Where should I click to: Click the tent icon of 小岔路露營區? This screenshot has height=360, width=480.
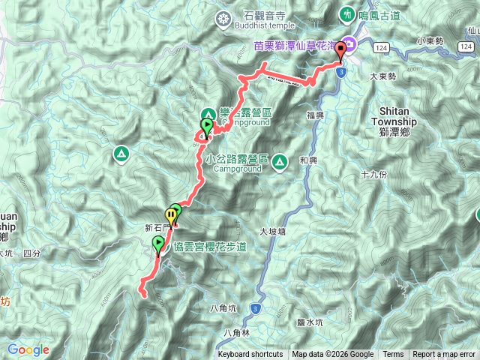click(280, 160)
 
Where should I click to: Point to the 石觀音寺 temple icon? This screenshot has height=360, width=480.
click(223, 18)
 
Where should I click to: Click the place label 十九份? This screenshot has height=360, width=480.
click(373, 174)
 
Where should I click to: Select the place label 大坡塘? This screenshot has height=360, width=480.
click(272, 232)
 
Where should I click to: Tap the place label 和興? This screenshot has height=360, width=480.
click(309, 160)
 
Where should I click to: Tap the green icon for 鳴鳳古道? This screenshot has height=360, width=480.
click(347, 13)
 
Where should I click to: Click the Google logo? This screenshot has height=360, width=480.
click(28, 349)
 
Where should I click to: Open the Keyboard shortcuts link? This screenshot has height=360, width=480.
click(250, 355)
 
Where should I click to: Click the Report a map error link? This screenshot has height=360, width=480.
click(444, 355)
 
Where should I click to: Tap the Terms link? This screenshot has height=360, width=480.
click(392, 355)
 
